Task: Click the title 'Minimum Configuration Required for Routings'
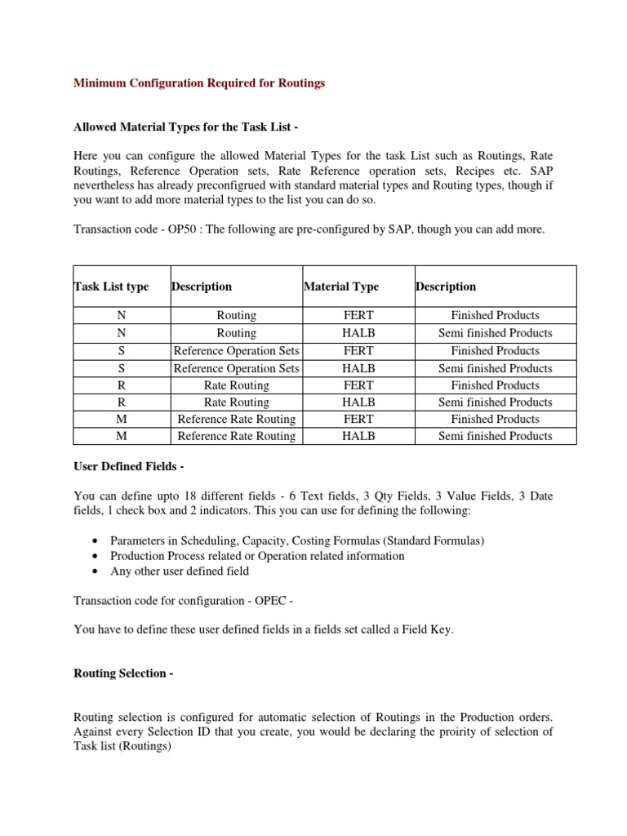(199, 83)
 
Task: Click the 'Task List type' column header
(111, 287)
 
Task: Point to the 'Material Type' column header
(341, 287)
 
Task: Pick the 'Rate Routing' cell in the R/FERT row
(236, 385)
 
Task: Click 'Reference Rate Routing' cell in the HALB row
(236, 436)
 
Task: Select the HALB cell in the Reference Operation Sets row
(358, 368)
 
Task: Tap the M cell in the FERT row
(122, 419)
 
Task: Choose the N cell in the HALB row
(122, 333)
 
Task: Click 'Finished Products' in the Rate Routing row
(496, 385)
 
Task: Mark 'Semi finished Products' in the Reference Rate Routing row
(496, 436)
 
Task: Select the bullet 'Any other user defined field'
(180, 571)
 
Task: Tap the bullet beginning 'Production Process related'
(257, 556)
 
